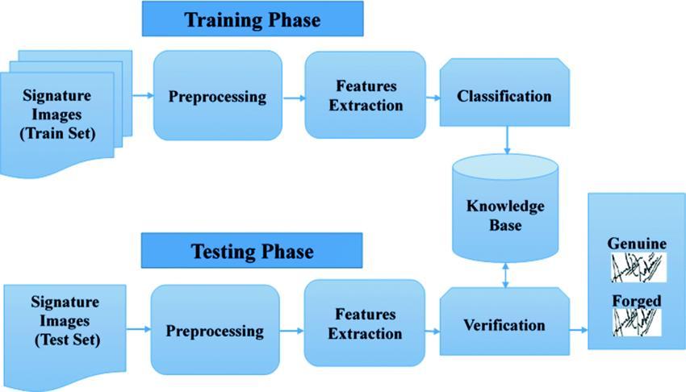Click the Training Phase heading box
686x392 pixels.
pos(253,19)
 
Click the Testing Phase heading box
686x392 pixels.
pos(252,251)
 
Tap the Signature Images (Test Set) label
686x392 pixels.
pos(65,321)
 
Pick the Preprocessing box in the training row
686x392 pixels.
pos(217,96)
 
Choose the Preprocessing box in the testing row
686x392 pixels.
pos(215,330)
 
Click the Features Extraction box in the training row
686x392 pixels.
pos(365,95)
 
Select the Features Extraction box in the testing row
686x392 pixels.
pos(364,323)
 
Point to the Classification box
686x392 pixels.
pos(504,96)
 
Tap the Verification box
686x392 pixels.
pos(504,326)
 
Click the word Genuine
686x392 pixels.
pos(636,244)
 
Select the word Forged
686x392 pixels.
pos(636,301)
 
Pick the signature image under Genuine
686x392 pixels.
pos(636,267)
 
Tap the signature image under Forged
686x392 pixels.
pos(636,323)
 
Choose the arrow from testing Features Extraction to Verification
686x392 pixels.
pos(432,330)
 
